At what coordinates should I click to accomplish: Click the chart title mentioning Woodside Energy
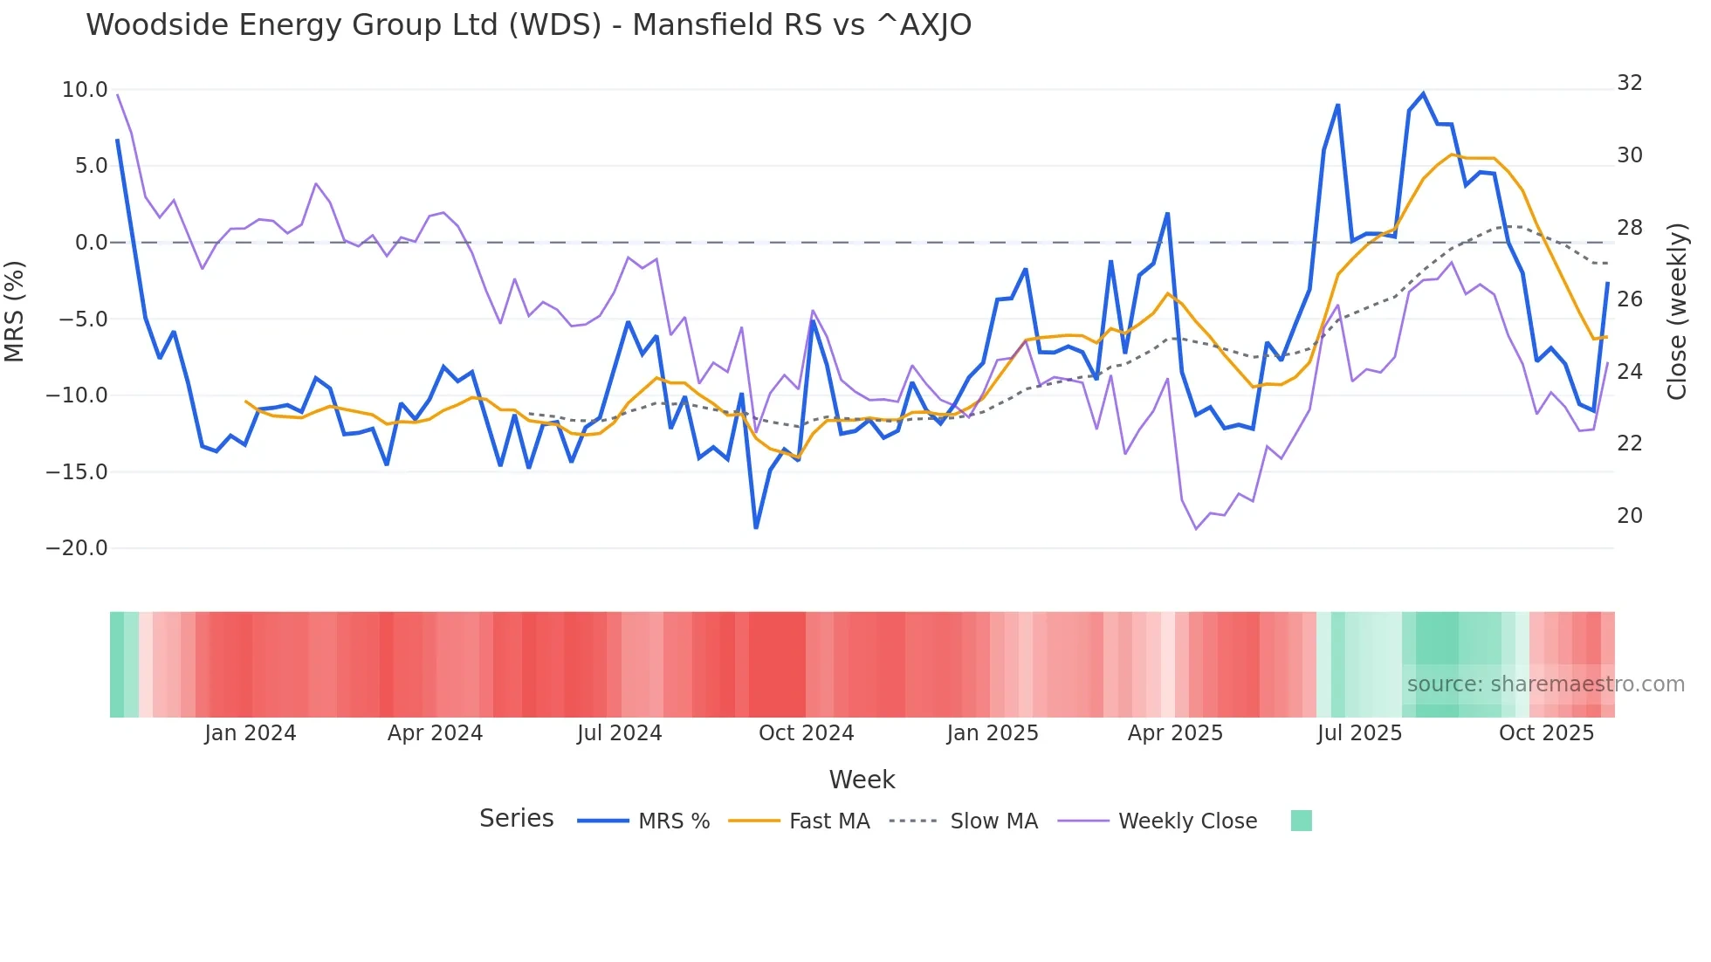(x=528, y=25)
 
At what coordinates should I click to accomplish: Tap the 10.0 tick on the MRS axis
(x=85, y=90)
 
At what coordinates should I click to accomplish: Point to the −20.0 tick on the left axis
(x=77, y=548)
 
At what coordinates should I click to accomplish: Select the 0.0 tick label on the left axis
(x=92, y=243)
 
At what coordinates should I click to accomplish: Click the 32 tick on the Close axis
(x=1630, y=83)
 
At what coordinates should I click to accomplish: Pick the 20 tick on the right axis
(x=1630, y=516)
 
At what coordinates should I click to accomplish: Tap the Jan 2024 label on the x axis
(x=251, y=733)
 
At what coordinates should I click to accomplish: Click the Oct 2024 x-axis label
(x=806, y=733)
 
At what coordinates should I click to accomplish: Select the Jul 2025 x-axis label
(x=1359, y=733)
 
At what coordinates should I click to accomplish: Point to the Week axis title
(x=862, y=780)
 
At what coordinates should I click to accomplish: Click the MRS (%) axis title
(x=15, y=312)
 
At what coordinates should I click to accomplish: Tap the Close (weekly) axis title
(x=1677, y=312)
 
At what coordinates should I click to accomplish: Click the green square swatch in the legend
(x=1301, y=821)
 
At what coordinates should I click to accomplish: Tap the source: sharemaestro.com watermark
(x=1545, y=684)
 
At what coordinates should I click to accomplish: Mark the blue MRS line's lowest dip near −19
(x=756, y=527)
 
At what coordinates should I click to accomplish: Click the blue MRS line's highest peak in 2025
(x=1423, y=93)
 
